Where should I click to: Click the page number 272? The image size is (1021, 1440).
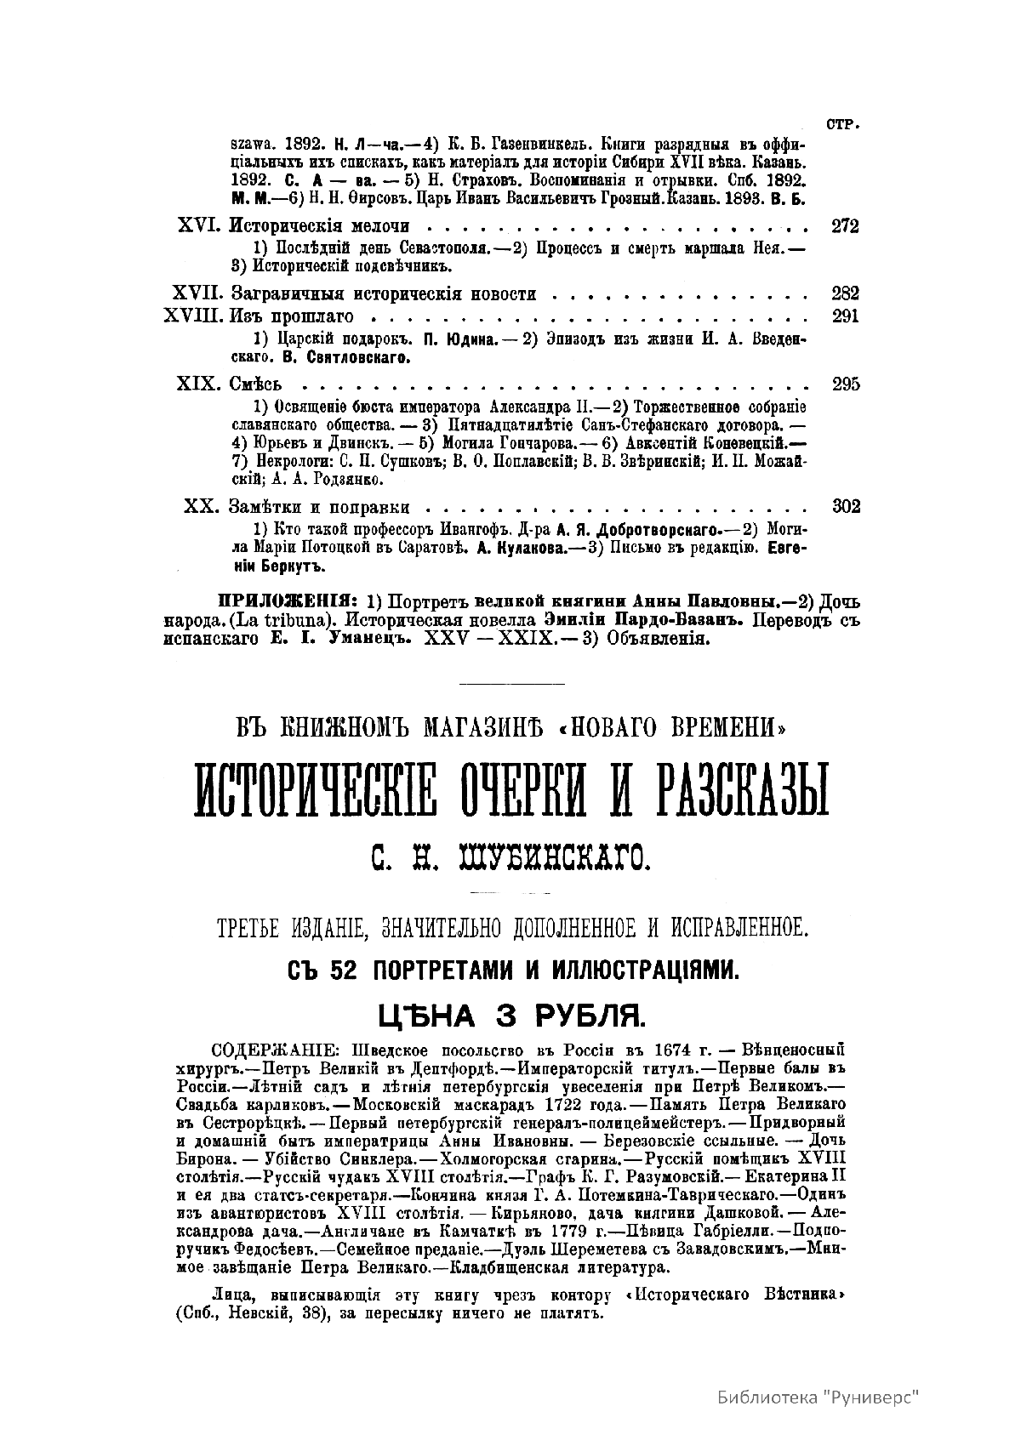pyautogui.click(x=846, y=226)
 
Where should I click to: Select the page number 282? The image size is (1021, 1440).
pyautogui.click(x=846, y=294)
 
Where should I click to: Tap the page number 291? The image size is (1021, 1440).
pyautogui.click(x=846, y=316)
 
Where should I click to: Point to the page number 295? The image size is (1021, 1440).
pyautogui.click(x=846, y=384)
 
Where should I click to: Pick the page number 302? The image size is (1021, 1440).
pyautogui.click(x=846, y=507)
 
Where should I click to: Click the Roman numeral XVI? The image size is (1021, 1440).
pyautogui.click(x=200, y=226)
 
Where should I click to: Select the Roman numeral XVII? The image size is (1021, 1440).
pyautogui.click(x=197, y=294)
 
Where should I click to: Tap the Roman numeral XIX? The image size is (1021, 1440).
pyautogui.click(x=199, y=384)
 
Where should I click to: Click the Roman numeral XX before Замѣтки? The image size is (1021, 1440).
pyautogui.click(x=202, y=507)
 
